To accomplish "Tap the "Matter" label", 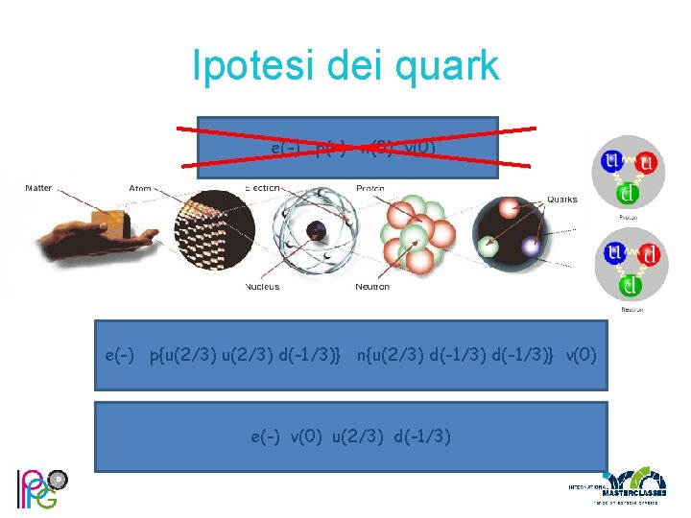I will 38,187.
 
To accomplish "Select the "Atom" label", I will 139,187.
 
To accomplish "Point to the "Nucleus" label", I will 262,287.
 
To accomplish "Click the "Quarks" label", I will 562,200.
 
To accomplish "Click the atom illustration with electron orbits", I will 315,234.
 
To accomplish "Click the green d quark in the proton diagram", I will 628,195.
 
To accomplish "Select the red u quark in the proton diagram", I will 648,164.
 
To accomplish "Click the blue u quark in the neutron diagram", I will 610,254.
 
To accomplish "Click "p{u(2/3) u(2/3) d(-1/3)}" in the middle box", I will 246,356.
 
